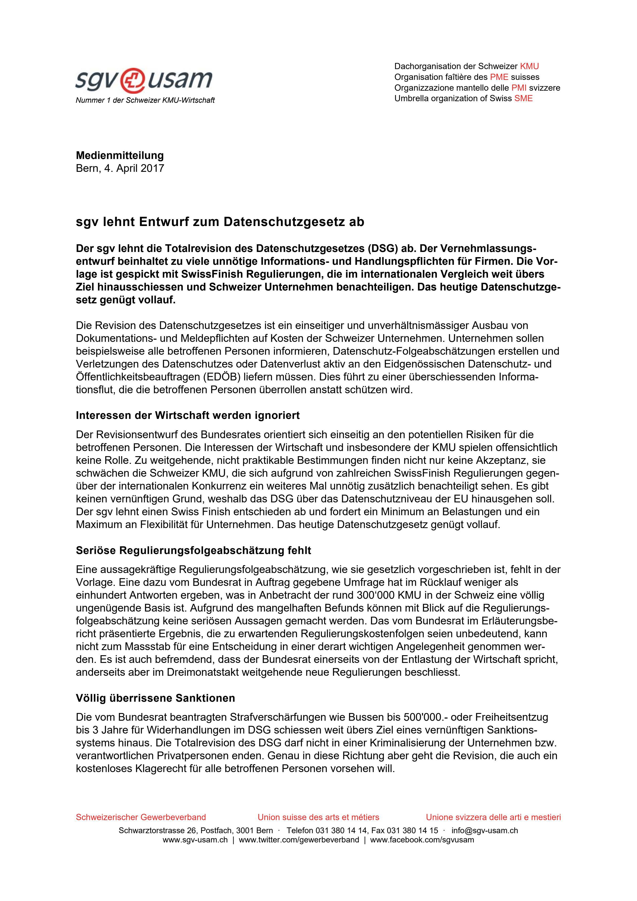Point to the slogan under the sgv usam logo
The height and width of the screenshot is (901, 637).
pyautogui.click(x=145, y=100)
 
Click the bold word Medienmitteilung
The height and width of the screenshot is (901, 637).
pyautogui.click(x=120, y=155)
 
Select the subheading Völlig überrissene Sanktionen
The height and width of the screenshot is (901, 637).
pyautogui.click(x=155, y=698)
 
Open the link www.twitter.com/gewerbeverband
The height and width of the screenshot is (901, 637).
pyautogui.click(x=299, y=840)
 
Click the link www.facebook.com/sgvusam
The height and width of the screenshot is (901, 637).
pyautogui.click(x=422, y=840)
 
